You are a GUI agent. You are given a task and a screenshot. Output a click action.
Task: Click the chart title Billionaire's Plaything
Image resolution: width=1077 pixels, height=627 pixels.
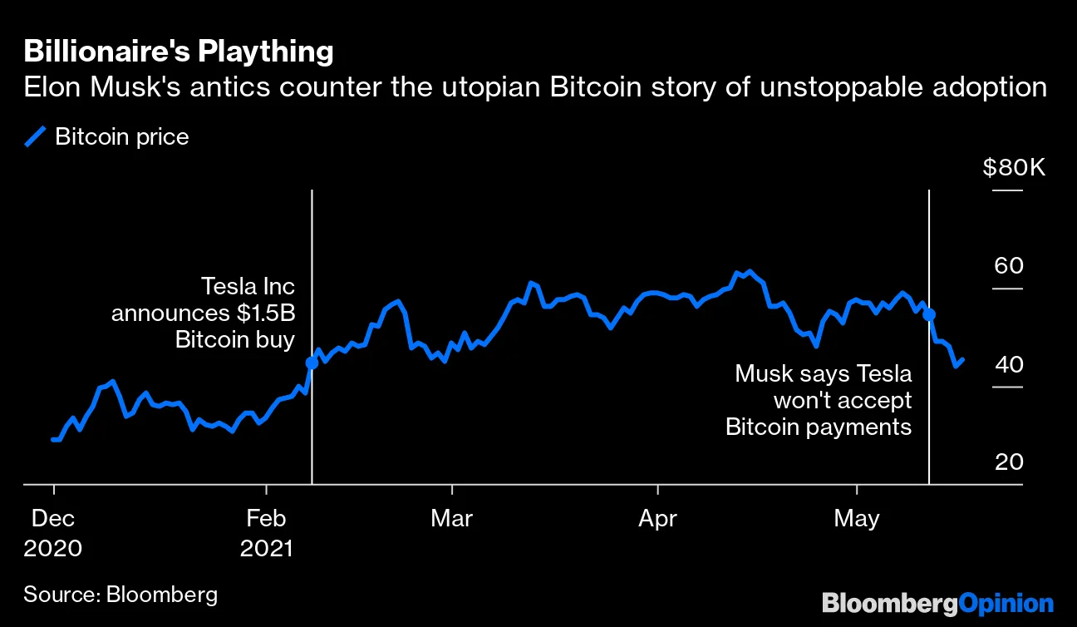[x=178, y=52]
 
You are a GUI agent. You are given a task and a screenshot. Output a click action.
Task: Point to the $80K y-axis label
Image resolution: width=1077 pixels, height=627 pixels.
[x=1014, y=168]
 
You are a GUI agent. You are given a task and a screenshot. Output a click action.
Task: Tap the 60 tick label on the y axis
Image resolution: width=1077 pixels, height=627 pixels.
[x=1010, y=266]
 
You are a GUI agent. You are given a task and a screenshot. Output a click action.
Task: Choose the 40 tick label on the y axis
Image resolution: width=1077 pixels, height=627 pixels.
[x=1010, y=364]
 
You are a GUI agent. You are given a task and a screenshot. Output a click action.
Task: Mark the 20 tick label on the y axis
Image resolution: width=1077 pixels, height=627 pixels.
[x=1010, y=462]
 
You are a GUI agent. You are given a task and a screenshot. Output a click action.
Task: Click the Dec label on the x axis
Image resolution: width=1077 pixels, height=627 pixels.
[x=53, y=519]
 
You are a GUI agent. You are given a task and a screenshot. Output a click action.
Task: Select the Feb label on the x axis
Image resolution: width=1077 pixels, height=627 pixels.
[x=266, y=519]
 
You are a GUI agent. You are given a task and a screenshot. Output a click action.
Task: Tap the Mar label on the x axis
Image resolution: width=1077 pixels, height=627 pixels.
[x=451, y=519]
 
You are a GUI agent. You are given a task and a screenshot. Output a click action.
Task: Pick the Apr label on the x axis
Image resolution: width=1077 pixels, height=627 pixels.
[x=657, y=519]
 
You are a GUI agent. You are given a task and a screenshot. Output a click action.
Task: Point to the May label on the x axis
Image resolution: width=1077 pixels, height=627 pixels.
[x=856, y=519]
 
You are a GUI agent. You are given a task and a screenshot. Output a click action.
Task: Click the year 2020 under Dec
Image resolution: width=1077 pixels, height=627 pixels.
[x=53, y=549]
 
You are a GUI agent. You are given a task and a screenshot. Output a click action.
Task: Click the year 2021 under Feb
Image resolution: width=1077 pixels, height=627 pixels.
[x=266, y=549]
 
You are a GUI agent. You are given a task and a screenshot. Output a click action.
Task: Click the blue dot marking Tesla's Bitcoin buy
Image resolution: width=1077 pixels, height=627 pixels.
[x=312, y=363]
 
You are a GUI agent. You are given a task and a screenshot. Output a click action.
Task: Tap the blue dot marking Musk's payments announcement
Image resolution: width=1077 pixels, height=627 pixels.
[x=929, y=315]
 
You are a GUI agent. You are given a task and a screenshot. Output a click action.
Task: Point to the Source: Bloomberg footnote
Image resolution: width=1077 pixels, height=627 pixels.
[x=120, y=595]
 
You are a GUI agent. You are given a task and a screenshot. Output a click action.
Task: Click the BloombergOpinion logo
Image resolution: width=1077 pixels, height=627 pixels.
[x=937, y=603]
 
